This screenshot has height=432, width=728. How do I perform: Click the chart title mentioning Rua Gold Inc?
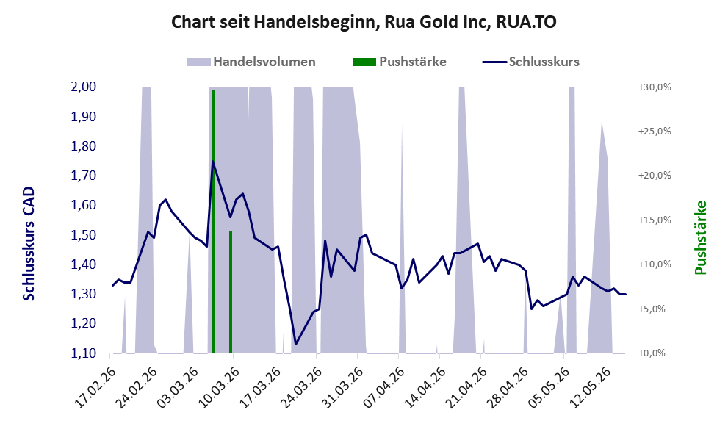click(364, 22)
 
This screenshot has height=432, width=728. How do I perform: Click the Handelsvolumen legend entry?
click(251, 62)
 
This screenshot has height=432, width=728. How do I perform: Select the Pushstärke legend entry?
click(400, 62)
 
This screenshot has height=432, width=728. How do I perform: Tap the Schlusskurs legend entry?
click(530, 62)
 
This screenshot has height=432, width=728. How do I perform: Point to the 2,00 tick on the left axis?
click(83, 87)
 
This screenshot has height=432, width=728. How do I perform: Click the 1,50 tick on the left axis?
click(83, 234)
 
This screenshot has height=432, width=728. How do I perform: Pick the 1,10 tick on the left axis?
click(83, 353)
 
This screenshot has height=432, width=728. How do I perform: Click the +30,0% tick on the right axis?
click(655, 87)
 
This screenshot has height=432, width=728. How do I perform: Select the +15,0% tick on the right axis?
click(655, 220)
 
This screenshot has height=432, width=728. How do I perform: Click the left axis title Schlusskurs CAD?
click(29, 243)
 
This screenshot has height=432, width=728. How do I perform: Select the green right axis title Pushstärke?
click(701, 237)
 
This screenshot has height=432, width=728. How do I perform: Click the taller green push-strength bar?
click(213, 221)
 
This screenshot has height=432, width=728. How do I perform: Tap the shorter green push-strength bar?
click(231, 292)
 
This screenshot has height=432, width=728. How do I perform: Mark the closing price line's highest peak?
click(212, 161)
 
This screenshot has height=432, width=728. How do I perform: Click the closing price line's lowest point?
click(296, 345)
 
